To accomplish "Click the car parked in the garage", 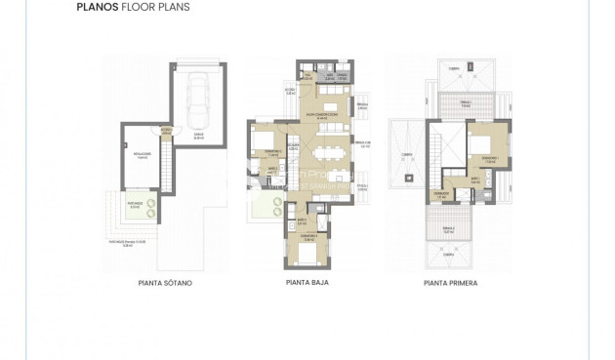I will click(199, 101).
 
